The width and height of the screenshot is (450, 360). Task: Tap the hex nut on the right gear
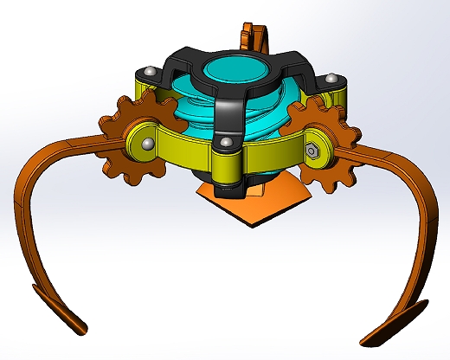coord(314,151)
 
